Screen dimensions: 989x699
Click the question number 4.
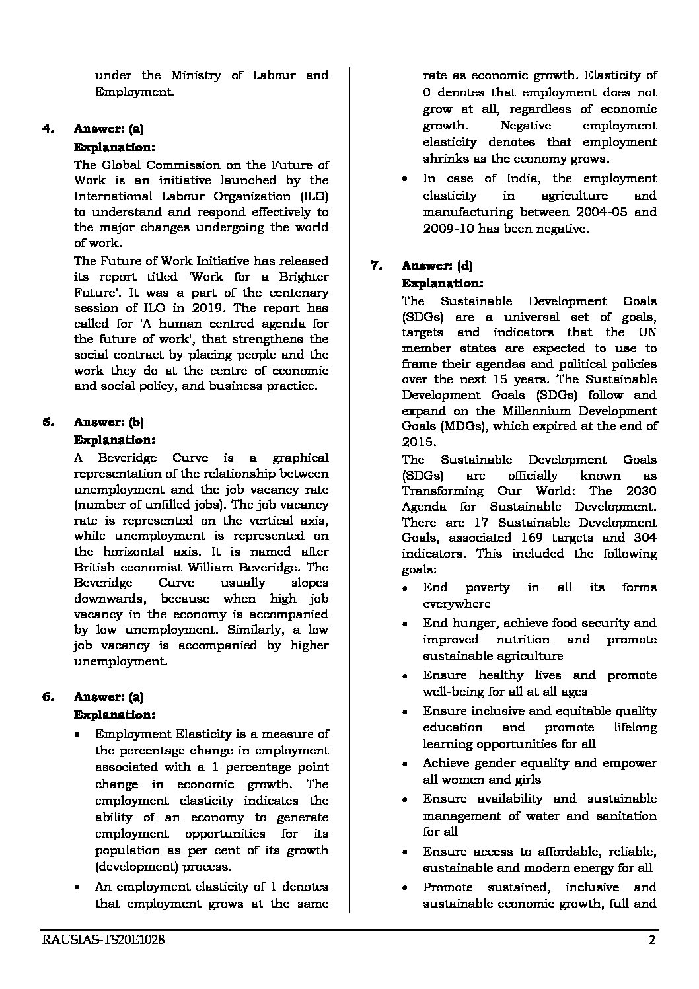click(48, 129)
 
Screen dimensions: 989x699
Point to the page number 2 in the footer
click(652, 941)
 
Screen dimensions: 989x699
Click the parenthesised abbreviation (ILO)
click(314, 196)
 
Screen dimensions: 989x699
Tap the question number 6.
click(48, 697)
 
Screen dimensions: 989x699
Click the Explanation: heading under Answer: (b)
click(114, 439)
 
